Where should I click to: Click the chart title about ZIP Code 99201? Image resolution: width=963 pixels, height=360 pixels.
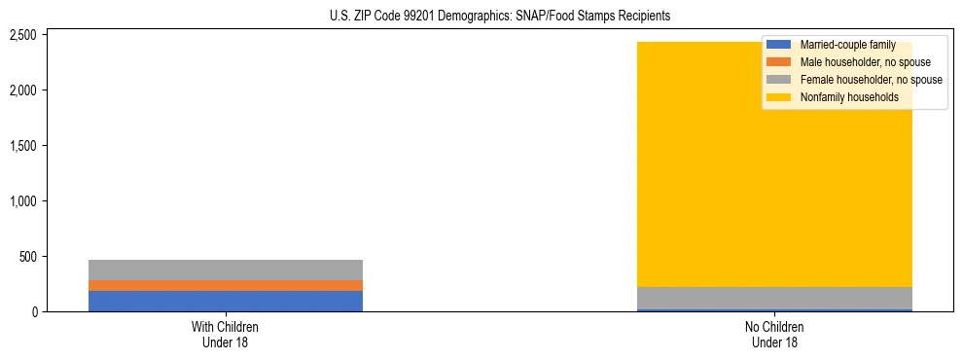tap(481, 17)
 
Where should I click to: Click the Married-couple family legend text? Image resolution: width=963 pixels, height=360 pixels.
tap(847, 45)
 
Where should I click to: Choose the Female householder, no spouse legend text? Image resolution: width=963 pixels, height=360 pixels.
tap(871, 80)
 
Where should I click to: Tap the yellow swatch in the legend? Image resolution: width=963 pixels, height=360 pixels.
tap(779, 97)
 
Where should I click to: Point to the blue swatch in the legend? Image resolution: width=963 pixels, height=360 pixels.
tap(779, 45)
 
